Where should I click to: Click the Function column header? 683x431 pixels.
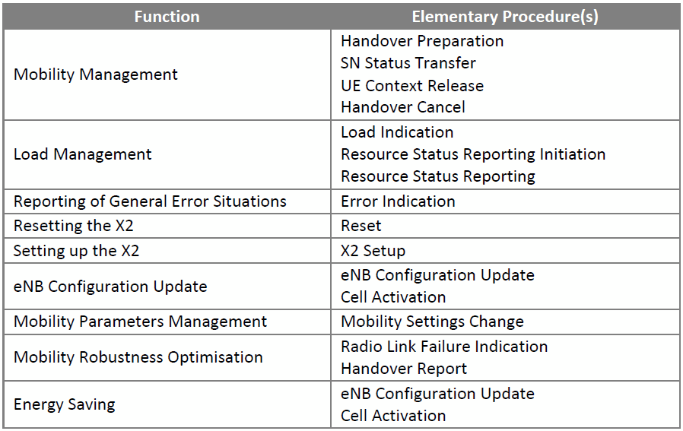[167, 17]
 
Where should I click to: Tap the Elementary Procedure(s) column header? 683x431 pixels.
[505, 17]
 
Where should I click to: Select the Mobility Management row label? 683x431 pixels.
[95, 74]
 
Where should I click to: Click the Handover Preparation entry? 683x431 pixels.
[422, 41]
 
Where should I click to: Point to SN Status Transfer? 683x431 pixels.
[408, 63]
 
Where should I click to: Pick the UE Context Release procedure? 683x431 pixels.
[412, 85]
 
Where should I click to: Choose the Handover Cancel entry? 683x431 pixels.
[403, 107]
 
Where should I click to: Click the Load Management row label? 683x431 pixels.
[83, 154]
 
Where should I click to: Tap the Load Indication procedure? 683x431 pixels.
[397, 132]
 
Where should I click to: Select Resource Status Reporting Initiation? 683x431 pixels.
[473, 154]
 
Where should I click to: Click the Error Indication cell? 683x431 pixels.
[398, 201]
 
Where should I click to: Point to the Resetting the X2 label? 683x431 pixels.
[74, 226]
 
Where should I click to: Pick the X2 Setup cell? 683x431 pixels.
[373, 251]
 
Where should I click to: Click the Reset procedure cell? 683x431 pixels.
[361, 226]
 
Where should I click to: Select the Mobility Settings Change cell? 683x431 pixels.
[432, 322]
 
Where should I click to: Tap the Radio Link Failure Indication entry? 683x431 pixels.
[444, 347]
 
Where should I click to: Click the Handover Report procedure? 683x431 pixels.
[404, 369]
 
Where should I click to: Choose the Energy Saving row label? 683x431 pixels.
[65, 404]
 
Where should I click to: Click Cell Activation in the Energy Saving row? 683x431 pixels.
[393, 416]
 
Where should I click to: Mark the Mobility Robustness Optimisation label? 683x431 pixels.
[138, 357]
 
